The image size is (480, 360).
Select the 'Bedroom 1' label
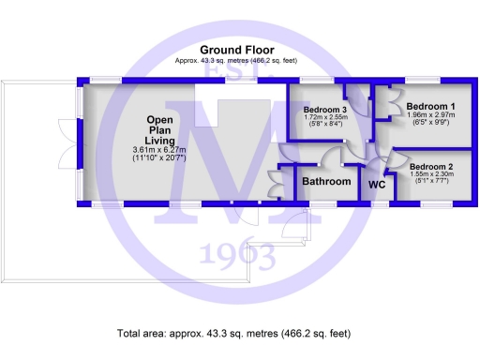point(431,107)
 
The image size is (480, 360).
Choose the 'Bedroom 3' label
point(326,110)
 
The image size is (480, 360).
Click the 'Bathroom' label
point(327,181)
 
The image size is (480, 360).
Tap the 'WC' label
point(377,185)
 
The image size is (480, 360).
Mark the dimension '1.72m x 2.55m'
point(326,119)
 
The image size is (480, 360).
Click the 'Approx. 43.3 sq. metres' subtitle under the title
point(236,60)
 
